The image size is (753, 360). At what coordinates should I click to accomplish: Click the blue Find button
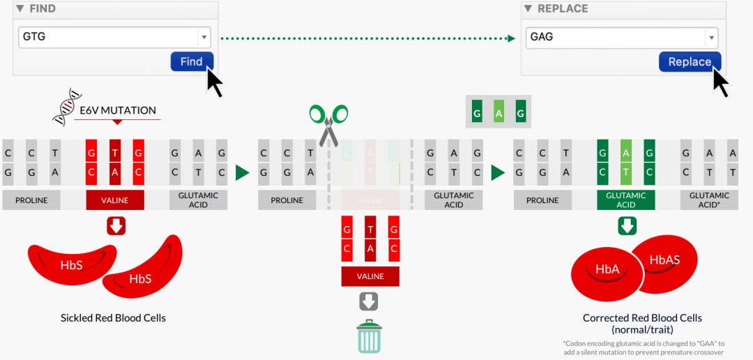(x=191, y=61)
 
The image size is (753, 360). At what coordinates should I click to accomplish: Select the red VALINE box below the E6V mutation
(x=115, y=200)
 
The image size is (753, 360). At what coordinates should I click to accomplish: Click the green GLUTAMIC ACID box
(x=625, y=200)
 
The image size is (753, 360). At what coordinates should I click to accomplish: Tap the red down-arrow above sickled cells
(x=116, y=226)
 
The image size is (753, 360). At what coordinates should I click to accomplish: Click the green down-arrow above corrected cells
(x=627, y=226)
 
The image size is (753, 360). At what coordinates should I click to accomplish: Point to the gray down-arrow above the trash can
(x=369, y=301)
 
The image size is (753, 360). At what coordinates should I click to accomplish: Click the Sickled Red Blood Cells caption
(x=113, y=318)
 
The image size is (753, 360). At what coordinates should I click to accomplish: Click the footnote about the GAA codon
(x=644, y=347)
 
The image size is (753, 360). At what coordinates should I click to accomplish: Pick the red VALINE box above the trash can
(x=370, y=276)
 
